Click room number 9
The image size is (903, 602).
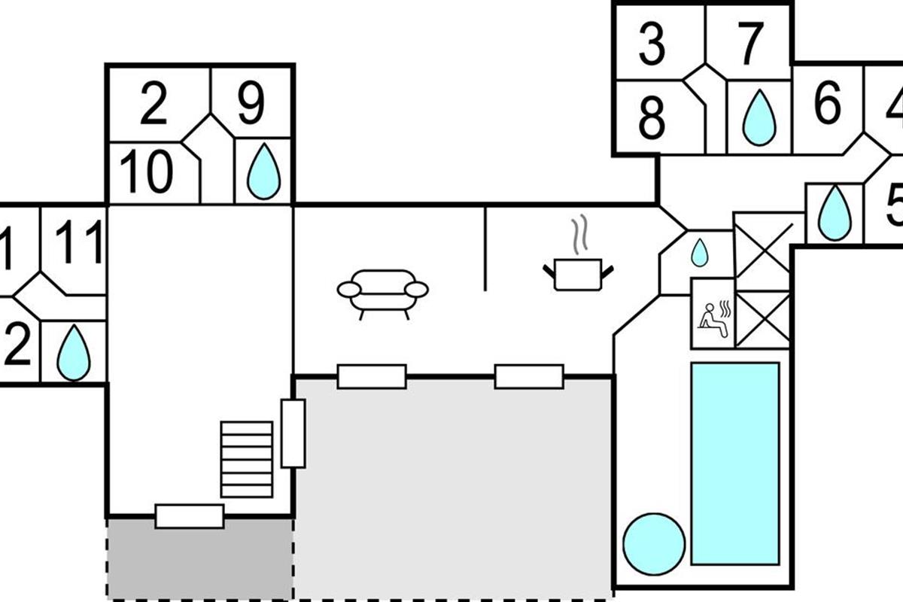pyautogui.click(x=251, y=105)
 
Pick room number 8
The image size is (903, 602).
pyautogui.click(x=652, y=118)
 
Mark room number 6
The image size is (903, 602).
pyautogui.click(x=827, y=105)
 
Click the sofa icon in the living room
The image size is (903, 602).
pyautogui.click(x=382, y=291)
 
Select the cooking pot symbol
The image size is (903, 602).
pyautogui.click(x=578, y=272)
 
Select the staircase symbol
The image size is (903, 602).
pyautogui.click(x=246, y=458)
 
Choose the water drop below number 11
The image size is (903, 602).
pyautogui.click(x=74, y=352)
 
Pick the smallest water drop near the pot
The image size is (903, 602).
pyautogui.click(x=699, y=253)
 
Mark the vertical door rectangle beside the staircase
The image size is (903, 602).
pyautogui.click(x=293, y=433)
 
